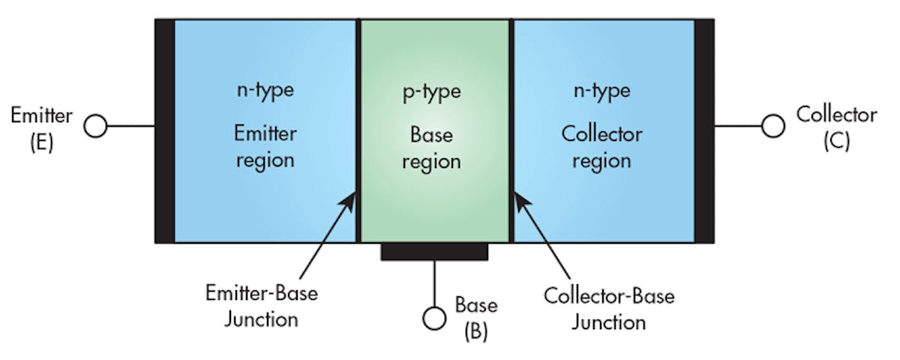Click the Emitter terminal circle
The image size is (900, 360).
[95, 127]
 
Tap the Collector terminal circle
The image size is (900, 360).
[772, 127]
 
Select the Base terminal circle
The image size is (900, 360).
[434, 319]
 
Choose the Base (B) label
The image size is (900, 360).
[475, 318]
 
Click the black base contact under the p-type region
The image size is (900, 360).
[434, 252]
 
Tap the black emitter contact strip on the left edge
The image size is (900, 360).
[164, 131]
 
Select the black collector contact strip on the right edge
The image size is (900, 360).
[704, 131]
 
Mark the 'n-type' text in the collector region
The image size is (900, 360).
[601, 91]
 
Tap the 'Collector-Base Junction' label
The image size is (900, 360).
[608, 308]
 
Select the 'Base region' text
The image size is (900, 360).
[431, 148]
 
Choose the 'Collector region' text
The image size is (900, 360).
[601, 147]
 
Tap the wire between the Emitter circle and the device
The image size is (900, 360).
[130, 127]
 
